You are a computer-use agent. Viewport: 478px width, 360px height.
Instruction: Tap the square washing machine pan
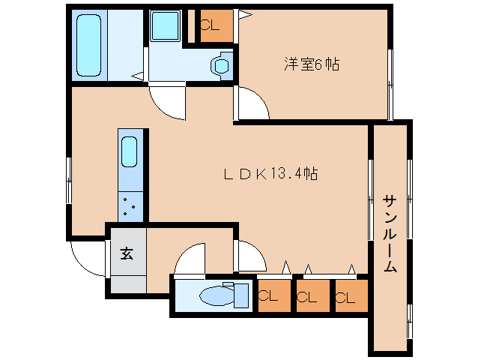click(x=164, y=27)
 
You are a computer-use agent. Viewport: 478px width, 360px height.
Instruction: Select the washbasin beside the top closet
click(x=222, y=65)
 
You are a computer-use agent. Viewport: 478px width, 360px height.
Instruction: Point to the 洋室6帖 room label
click(x=311, y=64)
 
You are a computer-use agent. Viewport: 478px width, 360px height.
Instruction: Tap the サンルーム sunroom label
click(x=390, y=233)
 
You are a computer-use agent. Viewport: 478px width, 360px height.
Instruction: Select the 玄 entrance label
click(x=127, y=253)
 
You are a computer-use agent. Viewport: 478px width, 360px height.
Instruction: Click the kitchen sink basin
click(x=130, y=154)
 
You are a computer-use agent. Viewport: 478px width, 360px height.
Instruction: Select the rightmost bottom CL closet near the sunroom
click(x=350, y=295)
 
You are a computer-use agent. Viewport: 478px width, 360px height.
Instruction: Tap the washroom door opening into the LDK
click(x=166, y=101)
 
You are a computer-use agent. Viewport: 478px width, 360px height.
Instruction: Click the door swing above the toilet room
click(x=190, y=259)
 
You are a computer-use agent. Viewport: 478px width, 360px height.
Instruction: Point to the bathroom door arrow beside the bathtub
click(x=138, y=75)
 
